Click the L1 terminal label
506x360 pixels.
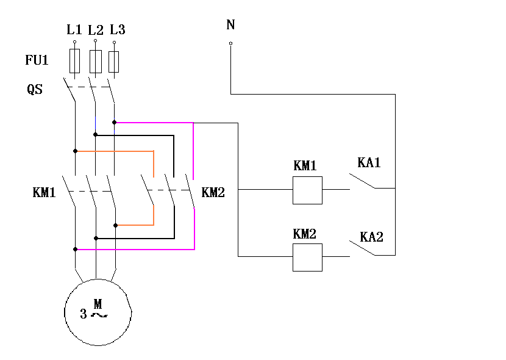74,30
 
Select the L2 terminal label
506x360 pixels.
96,30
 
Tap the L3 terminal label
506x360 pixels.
118,30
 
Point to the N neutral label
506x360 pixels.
230,25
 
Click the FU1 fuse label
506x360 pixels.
37,61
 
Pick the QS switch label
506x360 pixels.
35,89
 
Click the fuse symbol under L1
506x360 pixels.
75,62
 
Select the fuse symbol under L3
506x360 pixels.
114,62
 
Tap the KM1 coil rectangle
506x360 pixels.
307,190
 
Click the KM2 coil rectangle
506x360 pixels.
307,257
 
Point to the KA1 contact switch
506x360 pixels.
363,181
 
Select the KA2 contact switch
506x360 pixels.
363,248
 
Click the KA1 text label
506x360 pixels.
369,163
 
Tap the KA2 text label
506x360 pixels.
371,237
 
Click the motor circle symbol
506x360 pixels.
98,312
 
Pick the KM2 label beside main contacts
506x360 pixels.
213,193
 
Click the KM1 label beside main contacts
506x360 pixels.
45,193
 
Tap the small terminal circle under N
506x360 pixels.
230,43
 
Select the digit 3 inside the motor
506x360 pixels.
84,315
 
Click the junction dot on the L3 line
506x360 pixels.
115,122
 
